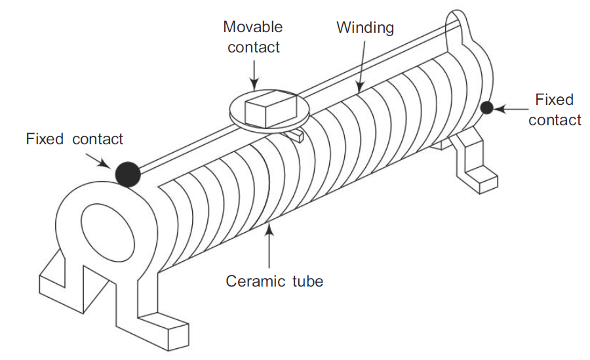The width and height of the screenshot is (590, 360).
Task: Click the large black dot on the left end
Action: (x=127, y=174)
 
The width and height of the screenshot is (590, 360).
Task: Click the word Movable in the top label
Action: (x=252, y=28)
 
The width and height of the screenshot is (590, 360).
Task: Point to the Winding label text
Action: (x=365, y=28)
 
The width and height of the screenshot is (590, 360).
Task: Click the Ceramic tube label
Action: (x=275, y=281)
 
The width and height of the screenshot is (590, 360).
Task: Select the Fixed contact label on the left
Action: (x=75, y=139)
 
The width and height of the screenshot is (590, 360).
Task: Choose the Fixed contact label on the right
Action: (x=555, y=110)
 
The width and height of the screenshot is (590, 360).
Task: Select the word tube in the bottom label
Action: (x=307, y=281)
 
